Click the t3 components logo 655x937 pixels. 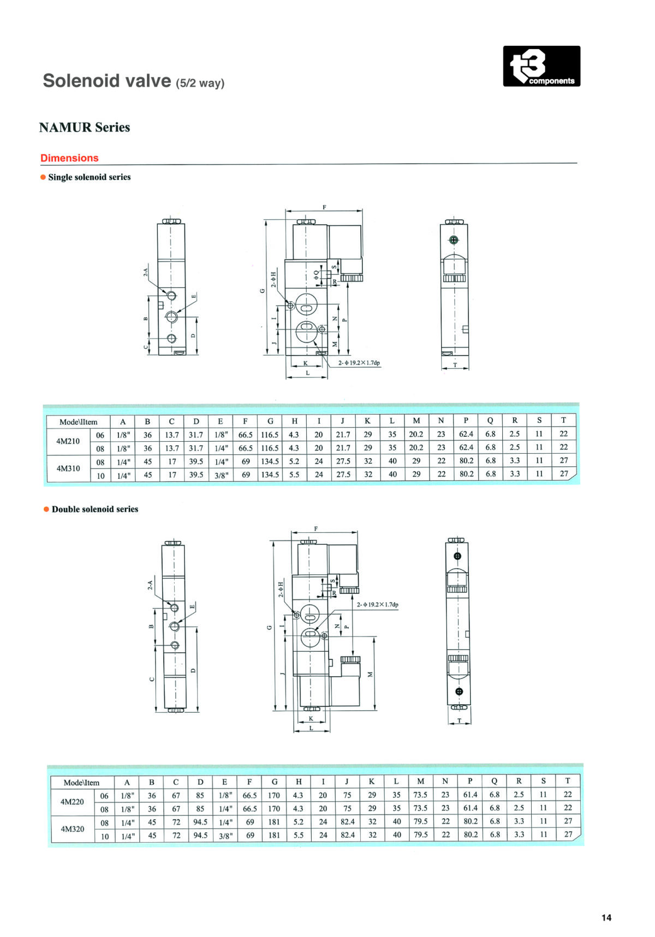pos(541,66)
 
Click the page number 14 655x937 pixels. pos(606,917)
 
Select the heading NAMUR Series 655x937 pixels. pos(85,127)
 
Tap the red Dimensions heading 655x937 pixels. pos(69,158)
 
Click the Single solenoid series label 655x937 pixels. pos(90,177)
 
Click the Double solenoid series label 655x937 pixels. pos(95,509)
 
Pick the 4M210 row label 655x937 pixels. pos(68,441)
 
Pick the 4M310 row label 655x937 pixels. pos(68,468)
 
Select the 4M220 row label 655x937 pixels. pos(72,802)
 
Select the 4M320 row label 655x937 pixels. pos(72,829)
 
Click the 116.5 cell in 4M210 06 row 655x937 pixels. pos(270,435)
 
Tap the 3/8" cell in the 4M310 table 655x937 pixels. pos(221,475)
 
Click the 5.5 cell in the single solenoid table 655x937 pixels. pos(294,474)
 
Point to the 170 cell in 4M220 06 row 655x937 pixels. pos(274,795)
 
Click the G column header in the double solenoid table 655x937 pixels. pos(275,782)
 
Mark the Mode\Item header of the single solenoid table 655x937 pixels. pos(79,422)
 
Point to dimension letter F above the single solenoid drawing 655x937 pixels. pos(324,207)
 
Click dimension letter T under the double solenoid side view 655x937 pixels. pos(460,720)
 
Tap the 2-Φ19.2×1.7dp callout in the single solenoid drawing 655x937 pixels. pos(359,363)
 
